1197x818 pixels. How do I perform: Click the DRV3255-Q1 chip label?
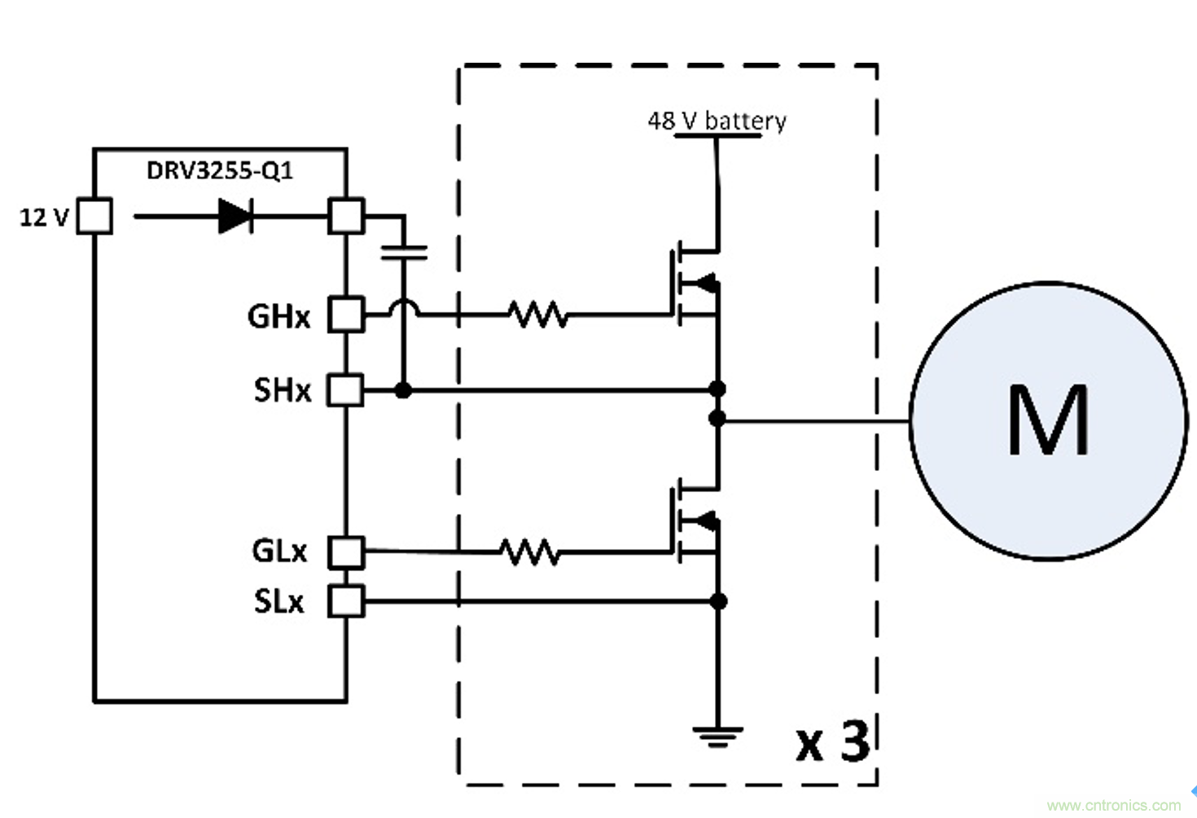219,171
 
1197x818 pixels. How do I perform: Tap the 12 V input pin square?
94,217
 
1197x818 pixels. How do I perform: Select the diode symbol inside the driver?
235,217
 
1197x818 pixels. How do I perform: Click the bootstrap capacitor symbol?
403,252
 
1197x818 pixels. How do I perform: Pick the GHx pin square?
346,314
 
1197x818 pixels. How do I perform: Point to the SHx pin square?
345,390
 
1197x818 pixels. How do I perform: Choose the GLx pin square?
346,552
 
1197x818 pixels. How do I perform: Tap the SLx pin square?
346,602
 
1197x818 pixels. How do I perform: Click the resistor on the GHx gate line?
537,314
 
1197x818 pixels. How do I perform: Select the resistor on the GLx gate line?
529,552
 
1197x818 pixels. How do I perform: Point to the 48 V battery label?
717,121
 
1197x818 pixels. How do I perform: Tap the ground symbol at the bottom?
717,737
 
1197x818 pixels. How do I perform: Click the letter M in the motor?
1048,420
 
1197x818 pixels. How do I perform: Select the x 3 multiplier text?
832,741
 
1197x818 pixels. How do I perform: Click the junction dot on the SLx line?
718,601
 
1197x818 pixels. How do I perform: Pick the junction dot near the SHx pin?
402,390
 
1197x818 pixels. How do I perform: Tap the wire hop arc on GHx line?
403,307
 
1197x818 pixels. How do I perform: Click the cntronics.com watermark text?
1113,805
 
